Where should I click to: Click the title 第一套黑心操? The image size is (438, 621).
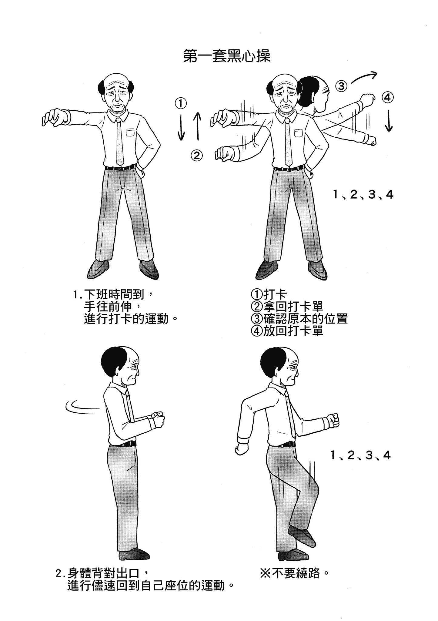[x=227, y=56]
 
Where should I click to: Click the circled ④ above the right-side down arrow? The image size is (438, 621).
[x=388, y=98]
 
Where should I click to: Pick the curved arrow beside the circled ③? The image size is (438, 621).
[x=363, y=77]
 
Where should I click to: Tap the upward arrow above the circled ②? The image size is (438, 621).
[x=197, y=126]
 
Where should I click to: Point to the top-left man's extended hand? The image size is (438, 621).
[x=55, y=117]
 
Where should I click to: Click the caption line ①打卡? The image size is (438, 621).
[x=269, y=294]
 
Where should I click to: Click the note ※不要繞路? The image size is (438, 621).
[x=294, y=573]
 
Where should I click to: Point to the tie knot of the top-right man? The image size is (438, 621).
[x=286, y=121]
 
